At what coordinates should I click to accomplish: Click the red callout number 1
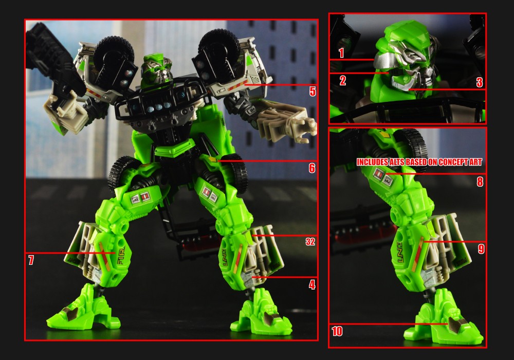tap(341, 52)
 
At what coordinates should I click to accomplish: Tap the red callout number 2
tap(342, 80)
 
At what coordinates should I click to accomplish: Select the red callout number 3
tap(479, 82)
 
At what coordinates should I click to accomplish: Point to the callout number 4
tap(312, 284)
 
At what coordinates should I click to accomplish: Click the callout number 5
tap(313, 91)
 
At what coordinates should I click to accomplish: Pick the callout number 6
tap(312, 168)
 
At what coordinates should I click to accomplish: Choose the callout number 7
tap(31, 260)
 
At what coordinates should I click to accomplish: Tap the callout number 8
tap(480, 182)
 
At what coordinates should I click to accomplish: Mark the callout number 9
tap(481, 249)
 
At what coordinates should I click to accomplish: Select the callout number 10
tap(337, 331)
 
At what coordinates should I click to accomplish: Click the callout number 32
tap(310, 242)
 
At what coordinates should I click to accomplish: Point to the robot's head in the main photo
tap(156, 70)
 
